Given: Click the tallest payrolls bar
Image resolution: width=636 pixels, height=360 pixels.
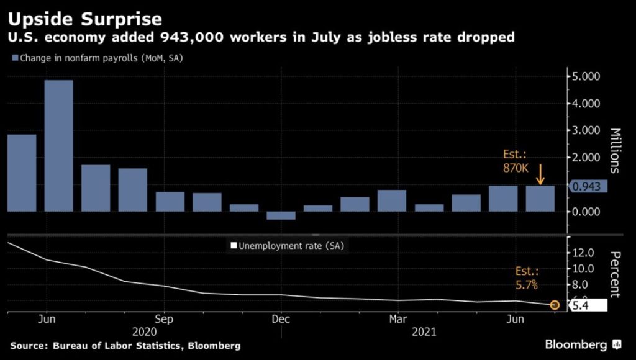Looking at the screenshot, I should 58,146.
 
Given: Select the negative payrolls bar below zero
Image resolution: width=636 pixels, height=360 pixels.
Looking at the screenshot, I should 281,215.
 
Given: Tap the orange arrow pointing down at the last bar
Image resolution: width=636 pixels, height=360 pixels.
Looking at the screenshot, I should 540,174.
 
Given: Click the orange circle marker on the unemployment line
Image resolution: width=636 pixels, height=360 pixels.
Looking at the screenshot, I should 555,305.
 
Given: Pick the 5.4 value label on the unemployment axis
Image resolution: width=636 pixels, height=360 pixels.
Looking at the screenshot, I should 588,305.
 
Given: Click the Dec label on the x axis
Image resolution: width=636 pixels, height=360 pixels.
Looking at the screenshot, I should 281,318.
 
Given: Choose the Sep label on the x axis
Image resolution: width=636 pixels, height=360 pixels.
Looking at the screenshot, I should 163,318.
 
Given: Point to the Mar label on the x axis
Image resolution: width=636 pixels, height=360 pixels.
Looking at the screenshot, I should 397,318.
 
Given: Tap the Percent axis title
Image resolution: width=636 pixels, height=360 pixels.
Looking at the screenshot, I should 616,274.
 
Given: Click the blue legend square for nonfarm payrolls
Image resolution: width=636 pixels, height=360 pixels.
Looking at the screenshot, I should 14,58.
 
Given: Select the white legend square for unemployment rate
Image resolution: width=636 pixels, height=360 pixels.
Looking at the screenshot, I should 234,246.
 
